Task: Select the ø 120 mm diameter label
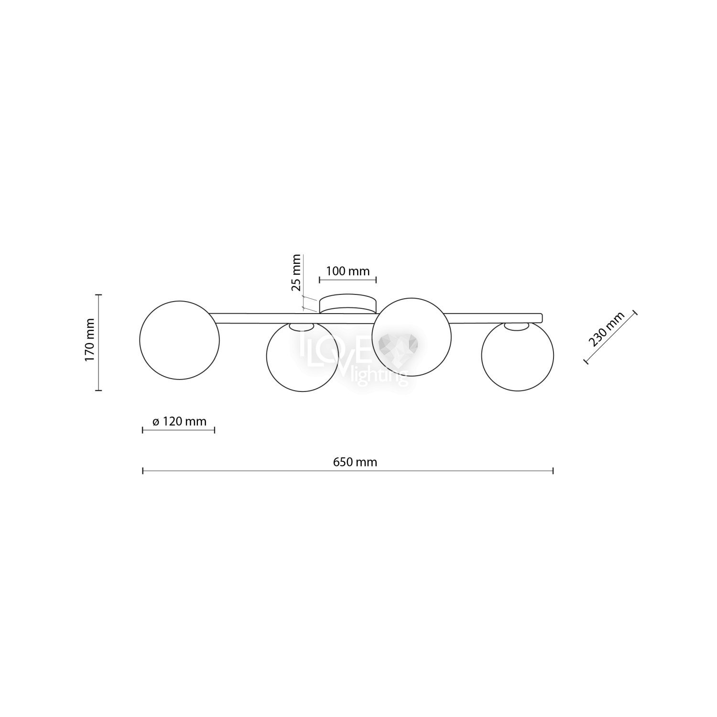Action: coord(179,422)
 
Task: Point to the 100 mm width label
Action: coord(348,272)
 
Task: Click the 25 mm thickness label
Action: coord(296,272)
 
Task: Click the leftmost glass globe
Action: coord(179,340)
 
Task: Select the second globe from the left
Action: coord(303,357)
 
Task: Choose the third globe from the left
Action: coord(412,337)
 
